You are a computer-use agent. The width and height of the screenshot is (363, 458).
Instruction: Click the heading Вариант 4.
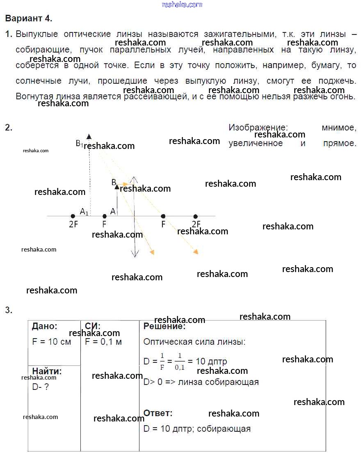[x=29, y=18]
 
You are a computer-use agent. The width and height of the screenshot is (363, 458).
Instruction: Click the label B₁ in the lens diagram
[x=79, y=144]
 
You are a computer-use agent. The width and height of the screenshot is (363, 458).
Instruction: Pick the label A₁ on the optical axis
[x=84, y=212]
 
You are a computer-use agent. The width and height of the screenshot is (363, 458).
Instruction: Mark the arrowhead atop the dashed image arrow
[x=89, y=136]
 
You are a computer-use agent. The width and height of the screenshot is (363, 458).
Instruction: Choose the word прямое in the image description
[x=339, y=143]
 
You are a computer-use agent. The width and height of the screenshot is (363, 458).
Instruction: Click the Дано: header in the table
[x=45, y=327]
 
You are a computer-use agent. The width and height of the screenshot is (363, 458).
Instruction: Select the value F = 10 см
[x=52, y=342]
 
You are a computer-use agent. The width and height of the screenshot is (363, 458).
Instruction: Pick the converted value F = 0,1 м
[x=103, y=342]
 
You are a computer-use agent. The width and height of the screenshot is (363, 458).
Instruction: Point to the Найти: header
[x=47, y=371]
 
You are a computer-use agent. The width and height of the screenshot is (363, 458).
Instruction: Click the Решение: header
[x=164, y=327]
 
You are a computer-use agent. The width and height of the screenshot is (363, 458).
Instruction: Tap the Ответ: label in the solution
[x=158, y=413]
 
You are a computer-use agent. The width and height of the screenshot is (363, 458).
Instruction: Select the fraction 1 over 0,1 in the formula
[x=179, y=362]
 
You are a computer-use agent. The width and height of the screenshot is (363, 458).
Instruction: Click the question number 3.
[x=9, y=310]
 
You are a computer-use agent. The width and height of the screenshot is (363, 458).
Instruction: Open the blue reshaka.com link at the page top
[x=182, y=5]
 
